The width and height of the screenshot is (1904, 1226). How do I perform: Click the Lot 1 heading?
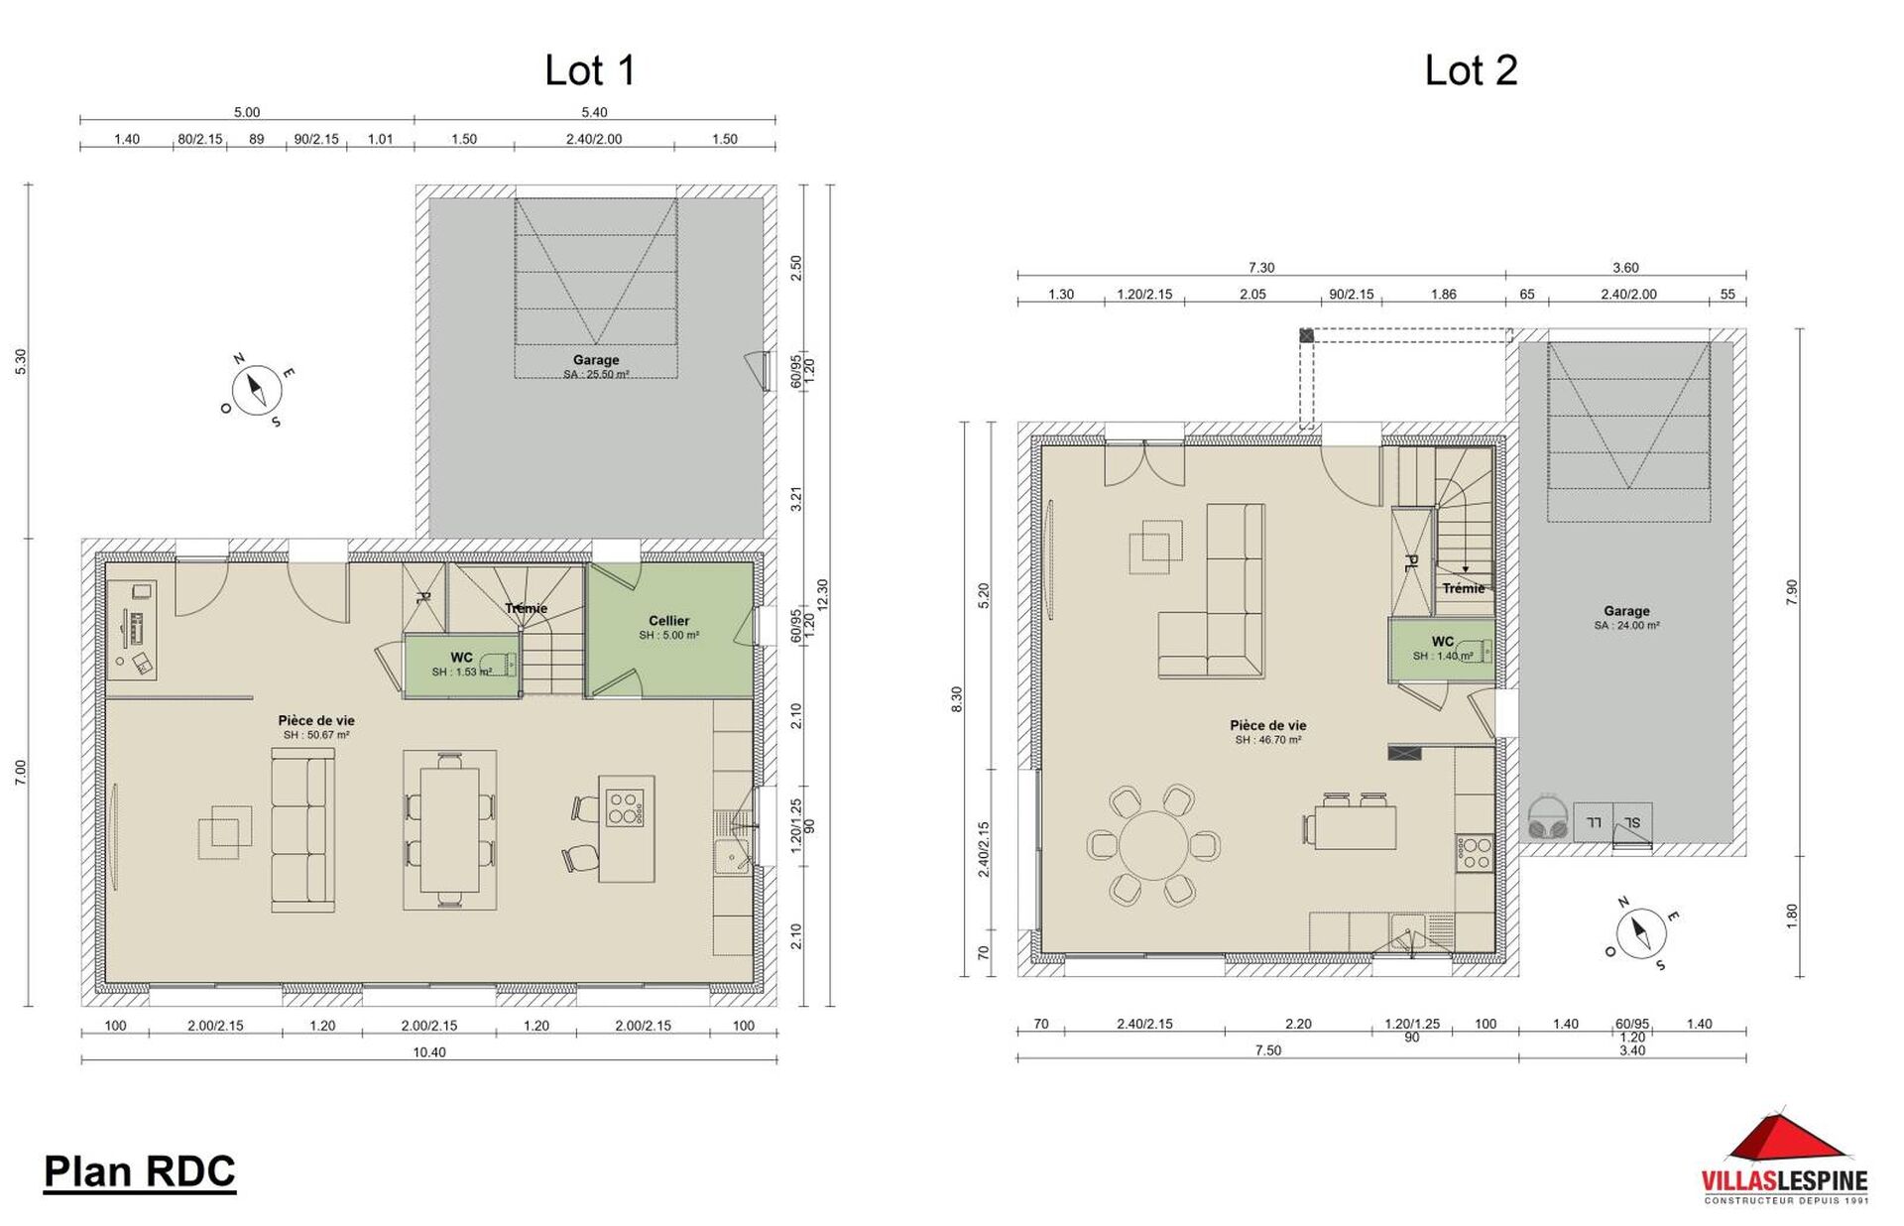[590, 70]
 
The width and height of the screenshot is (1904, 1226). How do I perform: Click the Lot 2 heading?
[1471, 70]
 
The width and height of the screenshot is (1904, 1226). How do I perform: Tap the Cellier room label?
[669, 621]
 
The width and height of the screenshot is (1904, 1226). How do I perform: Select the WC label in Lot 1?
[461, 658]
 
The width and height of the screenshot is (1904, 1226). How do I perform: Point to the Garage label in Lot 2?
[1626, 611]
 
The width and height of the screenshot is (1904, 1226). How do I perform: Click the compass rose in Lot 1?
[258, 389]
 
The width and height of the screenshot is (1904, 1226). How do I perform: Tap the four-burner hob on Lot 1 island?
[625, 806]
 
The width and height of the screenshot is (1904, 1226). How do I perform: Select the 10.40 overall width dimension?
[429, 1052]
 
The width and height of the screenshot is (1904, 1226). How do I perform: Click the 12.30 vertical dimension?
[822, 595]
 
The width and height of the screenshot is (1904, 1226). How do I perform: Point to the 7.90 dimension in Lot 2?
[1791, 593]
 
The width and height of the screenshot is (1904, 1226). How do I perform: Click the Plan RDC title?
[140, 1171]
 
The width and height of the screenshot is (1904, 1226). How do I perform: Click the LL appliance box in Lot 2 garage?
[1593, 823]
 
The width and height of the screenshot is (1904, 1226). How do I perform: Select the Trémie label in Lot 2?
[1464, 588]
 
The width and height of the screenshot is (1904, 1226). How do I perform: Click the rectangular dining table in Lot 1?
[449, 829]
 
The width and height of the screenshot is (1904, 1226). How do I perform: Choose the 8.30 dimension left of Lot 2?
[956, 699]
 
